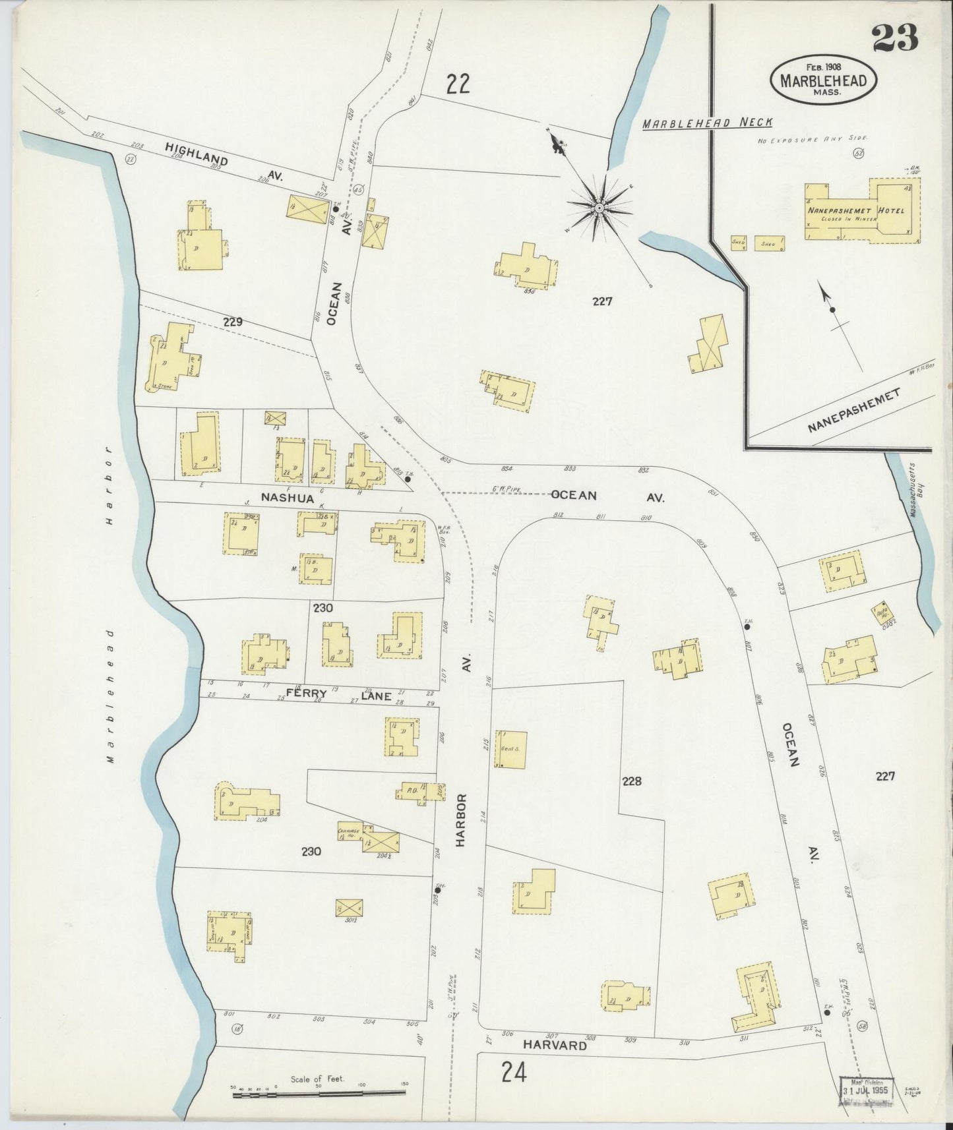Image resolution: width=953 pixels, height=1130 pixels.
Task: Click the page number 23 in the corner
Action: pyautogui.click(x=895, y=38)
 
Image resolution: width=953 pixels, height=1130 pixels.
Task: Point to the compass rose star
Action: pyautogui.click(x=599, y=208)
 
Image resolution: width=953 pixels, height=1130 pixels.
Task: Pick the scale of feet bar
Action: pyautogui.click(x=319, y=1095)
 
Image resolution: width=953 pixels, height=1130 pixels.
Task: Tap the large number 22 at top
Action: pyautogui.click(x=457, y=84)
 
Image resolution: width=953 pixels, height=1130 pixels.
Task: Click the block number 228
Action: pyautogui.click(x=631, y=781)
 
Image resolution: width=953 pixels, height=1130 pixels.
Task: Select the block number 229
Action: pyautogui.click(x=233, y=322)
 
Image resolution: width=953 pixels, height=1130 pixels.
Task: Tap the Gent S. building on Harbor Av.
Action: pyautogui.click(x=511, y=749)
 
